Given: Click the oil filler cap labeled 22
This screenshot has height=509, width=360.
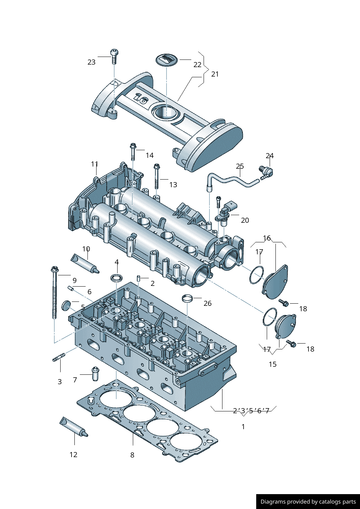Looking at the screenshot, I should pyautogui.click(x=167, y=59).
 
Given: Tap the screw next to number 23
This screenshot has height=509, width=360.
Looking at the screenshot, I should pyautogui.click(x=114, y=56).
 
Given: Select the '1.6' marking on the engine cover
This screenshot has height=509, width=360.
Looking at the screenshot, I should pyautogui.click(x=141, y=98).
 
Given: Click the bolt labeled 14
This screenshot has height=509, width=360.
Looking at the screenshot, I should pyautogui.click(x=133, y=152).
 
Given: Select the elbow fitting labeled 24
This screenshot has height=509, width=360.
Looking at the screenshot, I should pyautogui.click(x=266, y=173).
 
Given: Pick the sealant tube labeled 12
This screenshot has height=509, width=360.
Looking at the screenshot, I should pyautogui.click(x=73, y=426).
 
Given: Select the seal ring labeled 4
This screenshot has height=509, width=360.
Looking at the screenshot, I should pyautogui.click(x=116, y=278).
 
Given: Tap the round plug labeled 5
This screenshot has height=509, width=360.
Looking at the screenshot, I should pyautogui.click(x=66, y=305).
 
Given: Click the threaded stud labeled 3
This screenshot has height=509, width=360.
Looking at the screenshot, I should pyautogui.click(x=58, y=357).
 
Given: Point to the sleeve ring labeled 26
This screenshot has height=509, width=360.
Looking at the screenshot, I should pyautogui.click(x=187, y=299).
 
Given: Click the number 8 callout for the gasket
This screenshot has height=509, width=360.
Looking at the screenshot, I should pyautogui.click(x=132, y=455).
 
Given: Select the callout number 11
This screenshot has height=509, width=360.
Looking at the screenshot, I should pyautogui.click(x=95, y=164).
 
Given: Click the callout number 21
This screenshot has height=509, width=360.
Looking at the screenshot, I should pyautogui.click(x=215, y=74).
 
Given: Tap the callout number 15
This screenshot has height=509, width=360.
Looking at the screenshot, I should pyautogui.click(x=273, y=364).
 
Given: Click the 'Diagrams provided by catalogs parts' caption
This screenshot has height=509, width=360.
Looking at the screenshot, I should pyautogui.click(x=308, y=502).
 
